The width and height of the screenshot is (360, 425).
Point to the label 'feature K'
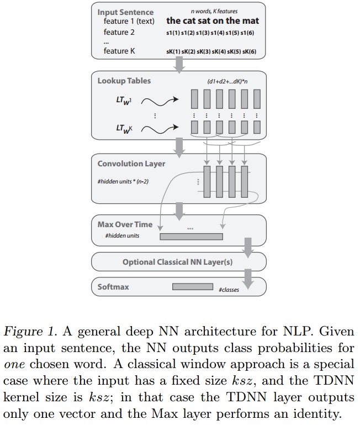pyautogui.click(x=119, y=51)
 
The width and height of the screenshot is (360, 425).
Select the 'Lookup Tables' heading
pyautogui.click(x=124, y=81)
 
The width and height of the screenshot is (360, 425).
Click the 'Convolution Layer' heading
pyautogui.click(x=131, y=164)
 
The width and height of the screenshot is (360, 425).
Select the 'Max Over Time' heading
pyautogui.click(x=125, y=224)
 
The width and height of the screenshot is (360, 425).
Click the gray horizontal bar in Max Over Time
pyautogui.click(x=191, y=237)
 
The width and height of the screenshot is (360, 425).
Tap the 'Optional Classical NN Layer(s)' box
pyautogui.click(x=177, y=262)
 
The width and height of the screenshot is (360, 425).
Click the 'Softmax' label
pyautogui.click(x=114, y=287)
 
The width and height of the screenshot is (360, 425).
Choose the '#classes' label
pyautogui.click(x=229, y=290)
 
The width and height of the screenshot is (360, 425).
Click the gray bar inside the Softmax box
pyautogui.click(x=192, y=287)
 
